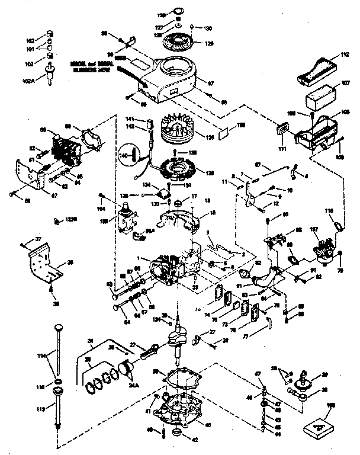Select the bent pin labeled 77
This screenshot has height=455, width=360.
pos(268,322)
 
